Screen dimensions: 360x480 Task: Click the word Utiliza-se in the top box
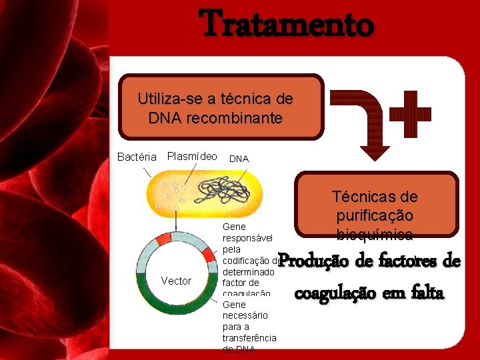pos(167,99)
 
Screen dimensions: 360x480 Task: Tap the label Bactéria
pos(137,157)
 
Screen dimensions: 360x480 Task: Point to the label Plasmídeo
pos(192,157)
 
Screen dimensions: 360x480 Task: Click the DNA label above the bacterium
pos(239,159)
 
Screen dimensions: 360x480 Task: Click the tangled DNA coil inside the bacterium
pos(223,191)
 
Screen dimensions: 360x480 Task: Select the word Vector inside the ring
pos(176,281)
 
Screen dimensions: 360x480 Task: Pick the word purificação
pos(375,217)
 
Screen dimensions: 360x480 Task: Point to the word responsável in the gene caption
pos(247,237)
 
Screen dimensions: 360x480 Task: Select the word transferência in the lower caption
pos(249,338)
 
